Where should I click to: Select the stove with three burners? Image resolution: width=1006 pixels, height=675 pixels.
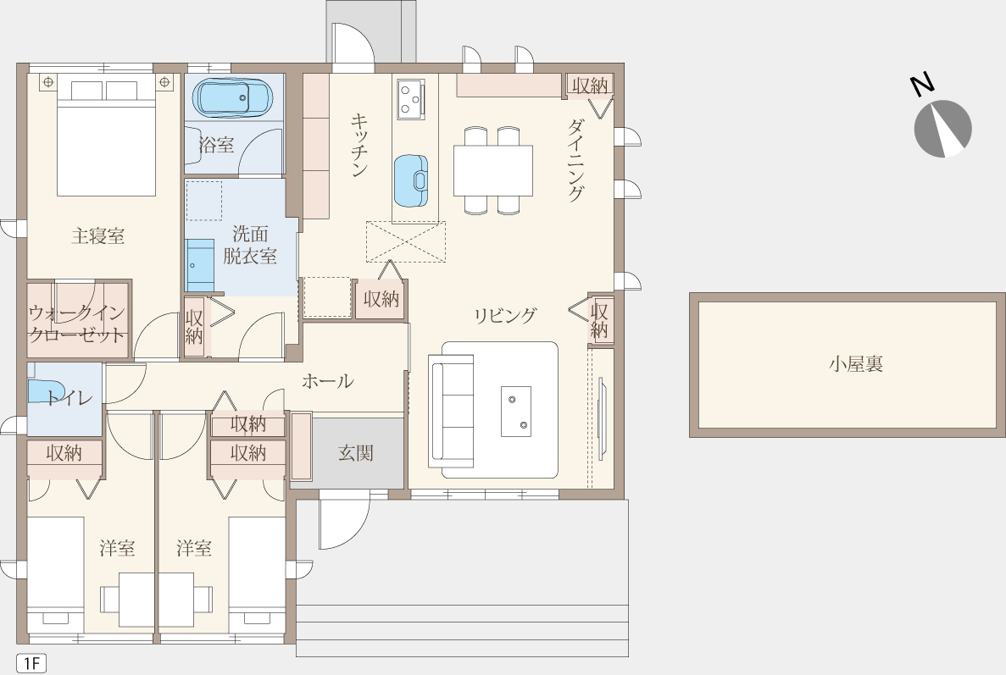(410, 99)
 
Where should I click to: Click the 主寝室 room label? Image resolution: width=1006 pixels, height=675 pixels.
(97, 236)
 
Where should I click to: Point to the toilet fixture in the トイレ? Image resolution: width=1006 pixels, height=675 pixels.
(47, 392)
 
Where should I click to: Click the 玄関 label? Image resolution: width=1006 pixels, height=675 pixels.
(355, 453)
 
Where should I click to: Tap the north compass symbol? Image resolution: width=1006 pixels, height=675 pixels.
(942, 122)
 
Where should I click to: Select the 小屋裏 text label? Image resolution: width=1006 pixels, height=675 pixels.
(856, 364)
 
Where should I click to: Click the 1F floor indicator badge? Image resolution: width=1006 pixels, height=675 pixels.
(31, 663)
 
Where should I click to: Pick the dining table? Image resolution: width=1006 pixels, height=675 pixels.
(492, 170)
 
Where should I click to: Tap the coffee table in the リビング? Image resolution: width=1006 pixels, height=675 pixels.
(516, 411)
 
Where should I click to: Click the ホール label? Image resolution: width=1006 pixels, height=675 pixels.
(327, 381)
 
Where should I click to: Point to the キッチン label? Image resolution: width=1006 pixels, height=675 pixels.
(359, 145)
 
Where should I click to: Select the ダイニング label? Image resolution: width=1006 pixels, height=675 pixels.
(576, 159)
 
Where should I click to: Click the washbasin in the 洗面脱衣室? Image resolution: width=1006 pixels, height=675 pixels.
(199, 265)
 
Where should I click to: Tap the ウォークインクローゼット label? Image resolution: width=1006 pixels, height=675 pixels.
(76, 324)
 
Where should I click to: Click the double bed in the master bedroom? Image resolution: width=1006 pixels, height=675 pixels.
(106, 138)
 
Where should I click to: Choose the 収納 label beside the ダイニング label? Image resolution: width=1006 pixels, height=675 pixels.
(590, 86)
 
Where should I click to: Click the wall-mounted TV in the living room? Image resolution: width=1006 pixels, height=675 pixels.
(601, 419)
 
